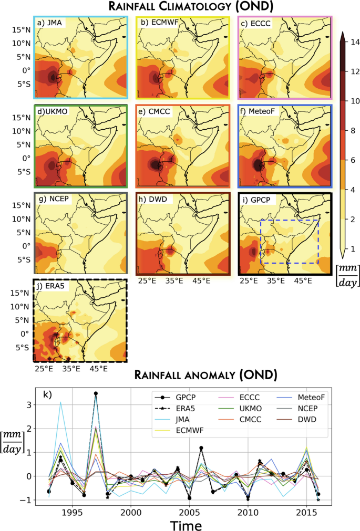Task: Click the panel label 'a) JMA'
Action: [x=49, y=24]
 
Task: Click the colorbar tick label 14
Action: [x=347, y=40]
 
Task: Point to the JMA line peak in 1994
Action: [x=60, y=402]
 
